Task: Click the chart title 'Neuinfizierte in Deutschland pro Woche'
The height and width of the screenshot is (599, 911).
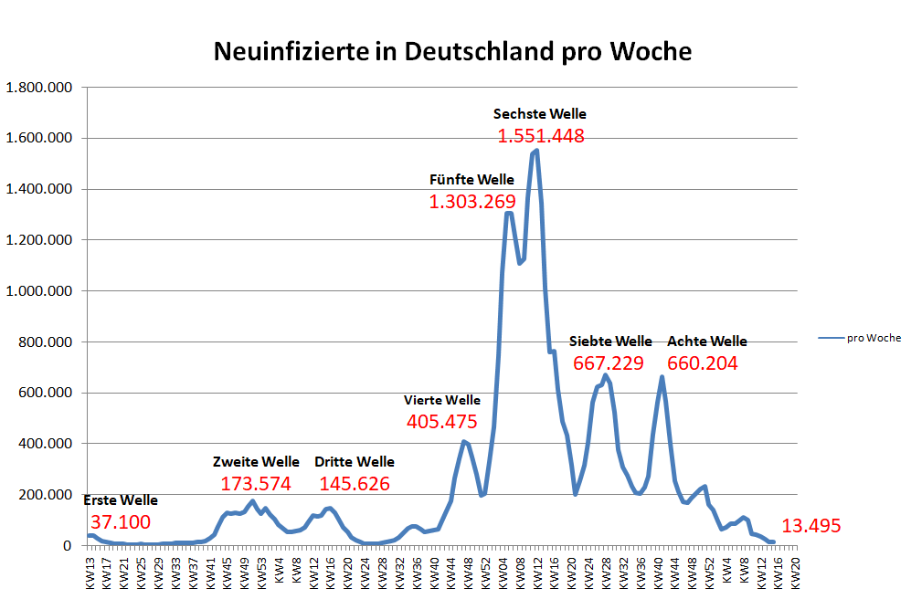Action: pos(452,50)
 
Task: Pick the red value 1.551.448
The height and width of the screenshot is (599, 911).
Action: pos(541,136)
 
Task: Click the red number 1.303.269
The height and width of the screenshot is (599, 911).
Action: pos(472,202)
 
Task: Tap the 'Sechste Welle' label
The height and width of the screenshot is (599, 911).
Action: pos(539,114)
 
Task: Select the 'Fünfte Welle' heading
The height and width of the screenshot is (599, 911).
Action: pos(471,179)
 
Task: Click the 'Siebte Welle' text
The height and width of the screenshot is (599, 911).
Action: pos(610,342)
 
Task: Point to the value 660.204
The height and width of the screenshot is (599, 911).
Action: pos(703,363)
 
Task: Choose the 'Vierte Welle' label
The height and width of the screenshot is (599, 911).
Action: pos(442,400)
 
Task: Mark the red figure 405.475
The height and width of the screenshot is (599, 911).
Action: pos(442,422)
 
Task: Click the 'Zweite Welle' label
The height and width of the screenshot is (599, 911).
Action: pos(256,461)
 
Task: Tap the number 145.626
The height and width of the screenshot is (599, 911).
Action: pos(355,484)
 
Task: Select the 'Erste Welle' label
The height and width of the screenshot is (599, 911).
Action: pos(121,500)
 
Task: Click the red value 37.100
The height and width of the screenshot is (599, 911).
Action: pos(121,522)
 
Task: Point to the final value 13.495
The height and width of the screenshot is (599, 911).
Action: pos(810,526)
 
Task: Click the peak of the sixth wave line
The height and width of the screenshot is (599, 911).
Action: pos(536,151)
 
